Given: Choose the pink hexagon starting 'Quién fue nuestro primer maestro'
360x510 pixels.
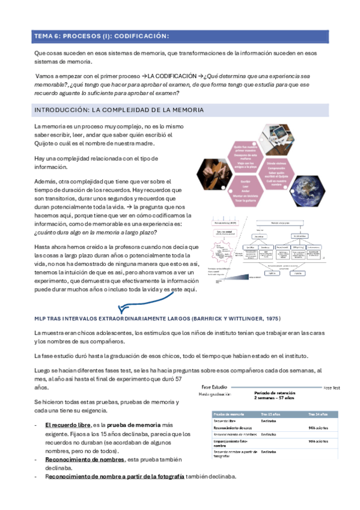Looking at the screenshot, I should [246, 154].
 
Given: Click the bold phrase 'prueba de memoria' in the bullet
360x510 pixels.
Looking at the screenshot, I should [135, 425].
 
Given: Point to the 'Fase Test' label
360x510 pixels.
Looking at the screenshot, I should [337, 388].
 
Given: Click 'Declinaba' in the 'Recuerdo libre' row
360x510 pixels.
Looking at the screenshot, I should [269, 421].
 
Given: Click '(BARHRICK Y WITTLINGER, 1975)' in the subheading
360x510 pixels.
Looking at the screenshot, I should [237, 318].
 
